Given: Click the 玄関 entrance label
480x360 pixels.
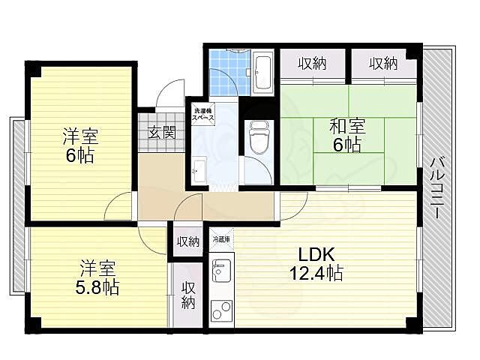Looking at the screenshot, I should pos(160,134).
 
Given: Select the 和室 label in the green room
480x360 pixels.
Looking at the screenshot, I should pos(346,126).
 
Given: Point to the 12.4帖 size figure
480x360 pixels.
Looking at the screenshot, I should pos(316,272).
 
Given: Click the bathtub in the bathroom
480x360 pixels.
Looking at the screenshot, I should pos(262,73).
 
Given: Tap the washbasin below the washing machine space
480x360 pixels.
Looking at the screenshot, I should pos(200,170).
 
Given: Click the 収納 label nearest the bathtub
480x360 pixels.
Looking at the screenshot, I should pos(313,64).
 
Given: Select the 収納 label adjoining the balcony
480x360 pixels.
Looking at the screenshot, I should pos(382,64).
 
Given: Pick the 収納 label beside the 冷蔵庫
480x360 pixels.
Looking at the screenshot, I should pos(188,241).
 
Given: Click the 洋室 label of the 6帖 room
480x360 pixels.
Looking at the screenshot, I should pos(79,138).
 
